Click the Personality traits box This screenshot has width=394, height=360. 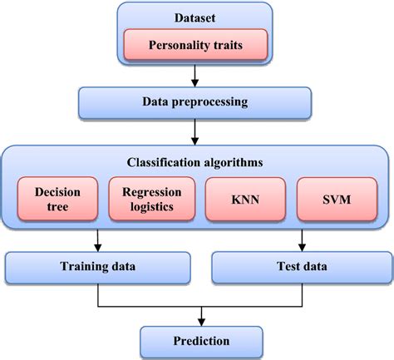(196, 45)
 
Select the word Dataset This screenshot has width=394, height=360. (196, 17)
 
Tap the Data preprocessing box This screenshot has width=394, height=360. (195, 102)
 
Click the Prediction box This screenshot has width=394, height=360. (196, 341)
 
